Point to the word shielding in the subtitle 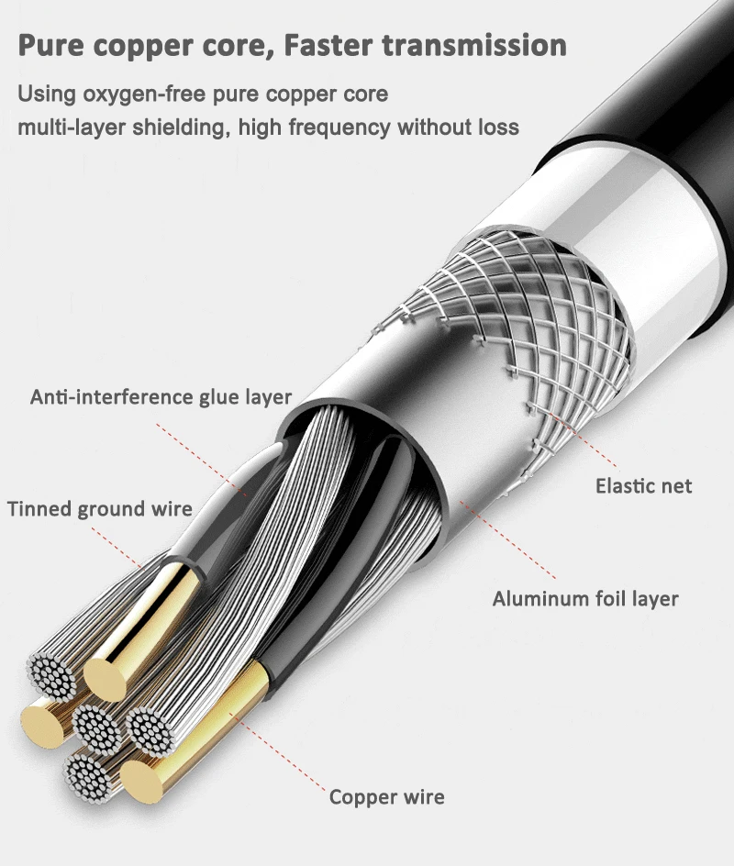[181, 127]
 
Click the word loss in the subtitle [496, 127]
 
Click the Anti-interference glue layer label [161, 397]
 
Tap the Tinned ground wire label [100, 509]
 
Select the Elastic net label [643, 485]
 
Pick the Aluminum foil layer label [585, 599]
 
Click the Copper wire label [386, 796]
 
